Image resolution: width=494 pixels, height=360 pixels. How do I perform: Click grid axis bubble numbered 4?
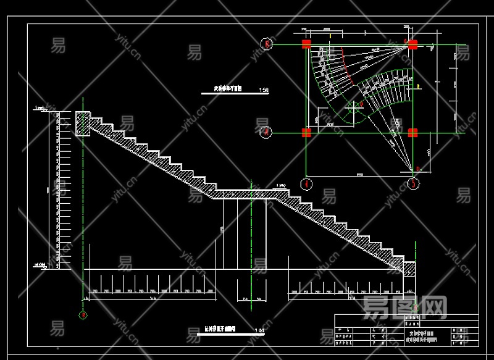(x=306, y=183)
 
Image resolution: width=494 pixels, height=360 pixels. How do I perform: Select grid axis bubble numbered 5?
(x=413, y=183)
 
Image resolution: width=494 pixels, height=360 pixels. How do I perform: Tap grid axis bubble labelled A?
(x=266, y=132)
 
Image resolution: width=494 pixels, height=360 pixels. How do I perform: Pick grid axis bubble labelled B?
(x=267, y=44)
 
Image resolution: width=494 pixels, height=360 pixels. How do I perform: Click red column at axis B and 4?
(x=306, y=44)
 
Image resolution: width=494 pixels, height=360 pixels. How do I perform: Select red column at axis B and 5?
(x=412, y=44)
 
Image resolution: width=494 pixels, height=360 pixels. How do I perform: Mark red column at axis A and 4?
(x=306, y=132)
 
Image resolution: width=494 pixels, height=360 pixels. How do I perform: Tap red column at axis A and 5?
(x=412, y=132)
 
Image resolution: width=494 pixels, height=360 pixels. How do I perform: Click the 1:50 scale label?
(x=264, y=90)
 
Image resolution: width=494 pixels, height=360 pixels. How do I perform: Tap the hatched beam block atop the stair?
(x=83, y=123)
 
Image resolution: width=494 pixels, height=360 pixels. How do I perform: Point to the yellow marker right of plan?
(x=419, y=87)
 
